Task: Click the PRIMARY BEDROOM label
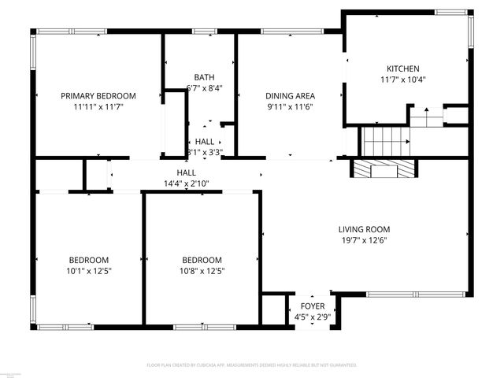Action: click(x=98, y=95)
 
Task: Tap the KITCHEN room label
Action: click(x=402, y=69)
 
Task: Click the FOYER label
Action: click(x=311, y=306)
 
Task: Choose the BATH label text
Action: click(x=205, y=77)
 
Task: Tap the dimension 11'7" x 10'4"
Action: click(x=402, y=80)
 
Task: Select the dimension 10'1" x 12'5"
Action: click(x=88, y=272)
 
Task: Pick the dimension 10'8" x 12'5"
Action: click(x=202, y=272)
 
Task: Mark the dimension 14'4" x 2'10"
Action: click(x=186, y=183)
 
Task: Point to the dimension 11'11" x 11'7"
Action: click(x=98, y=107)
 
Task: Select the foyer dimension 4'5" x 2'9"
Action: click(x=311, y=317)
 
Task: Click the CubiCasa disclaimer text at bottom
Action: click(x=252, y=365)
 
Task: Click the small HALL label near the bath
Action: click(x=205, y=141)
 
